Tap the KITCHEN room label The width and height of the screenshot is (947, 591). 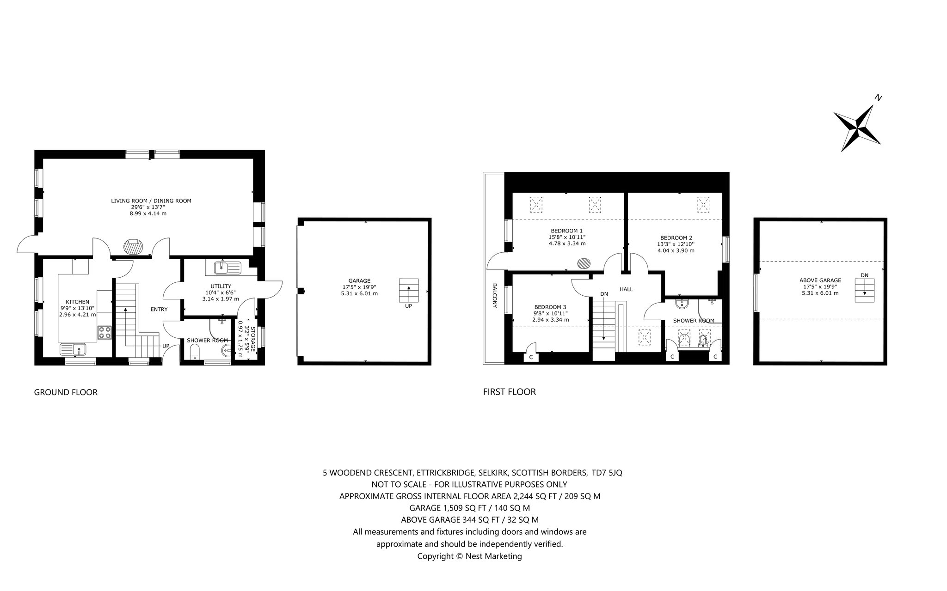point(78,302)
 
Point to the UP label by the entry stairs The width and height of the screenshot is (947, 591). point(166,346)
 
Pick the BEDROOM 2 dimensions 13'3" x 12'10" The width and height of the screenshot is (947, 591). point(676,244)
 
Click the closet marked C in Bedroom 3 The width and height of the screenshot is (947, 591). point(531,357)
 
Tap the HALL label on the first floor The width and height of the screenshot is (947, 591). point(626,289)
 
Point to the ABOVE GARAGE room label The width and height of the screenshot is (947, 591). point(820,280)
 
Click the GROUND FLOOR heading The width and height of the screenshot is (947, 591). point(66,392)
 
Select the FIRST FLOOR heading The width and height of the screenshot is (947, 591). point(509,392)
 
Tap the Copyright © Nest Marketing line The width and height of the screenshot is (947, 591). point(469,556)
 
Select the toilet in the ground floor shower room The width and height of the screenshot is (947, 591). point(195,353)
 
